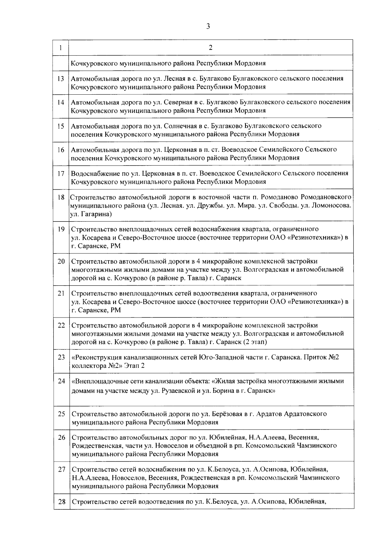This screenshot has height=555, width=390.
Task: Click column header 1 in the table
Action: point(61,48)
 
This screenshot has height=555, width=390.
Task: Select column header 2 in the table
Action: point(211,48)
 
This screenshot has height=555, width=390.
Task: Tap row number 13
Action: point(61,79)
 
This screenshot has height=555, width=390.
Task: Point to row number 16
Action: point(61,150)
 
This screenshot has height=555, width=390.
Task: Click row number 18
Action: point(61,197)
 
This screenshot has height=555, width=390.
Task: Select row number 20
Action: point(61,262)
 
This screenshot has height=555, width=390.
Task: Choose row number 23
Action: point(61,358)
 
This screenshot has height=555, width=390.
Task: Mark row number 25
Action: point(61,414)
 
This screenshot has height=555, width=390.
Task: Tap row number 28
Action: point(61,502)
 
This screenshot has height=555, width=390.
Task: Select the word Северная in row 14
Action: point(178,102)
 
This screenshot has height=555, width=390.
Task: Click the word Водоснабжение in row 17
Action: point(94,173)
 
